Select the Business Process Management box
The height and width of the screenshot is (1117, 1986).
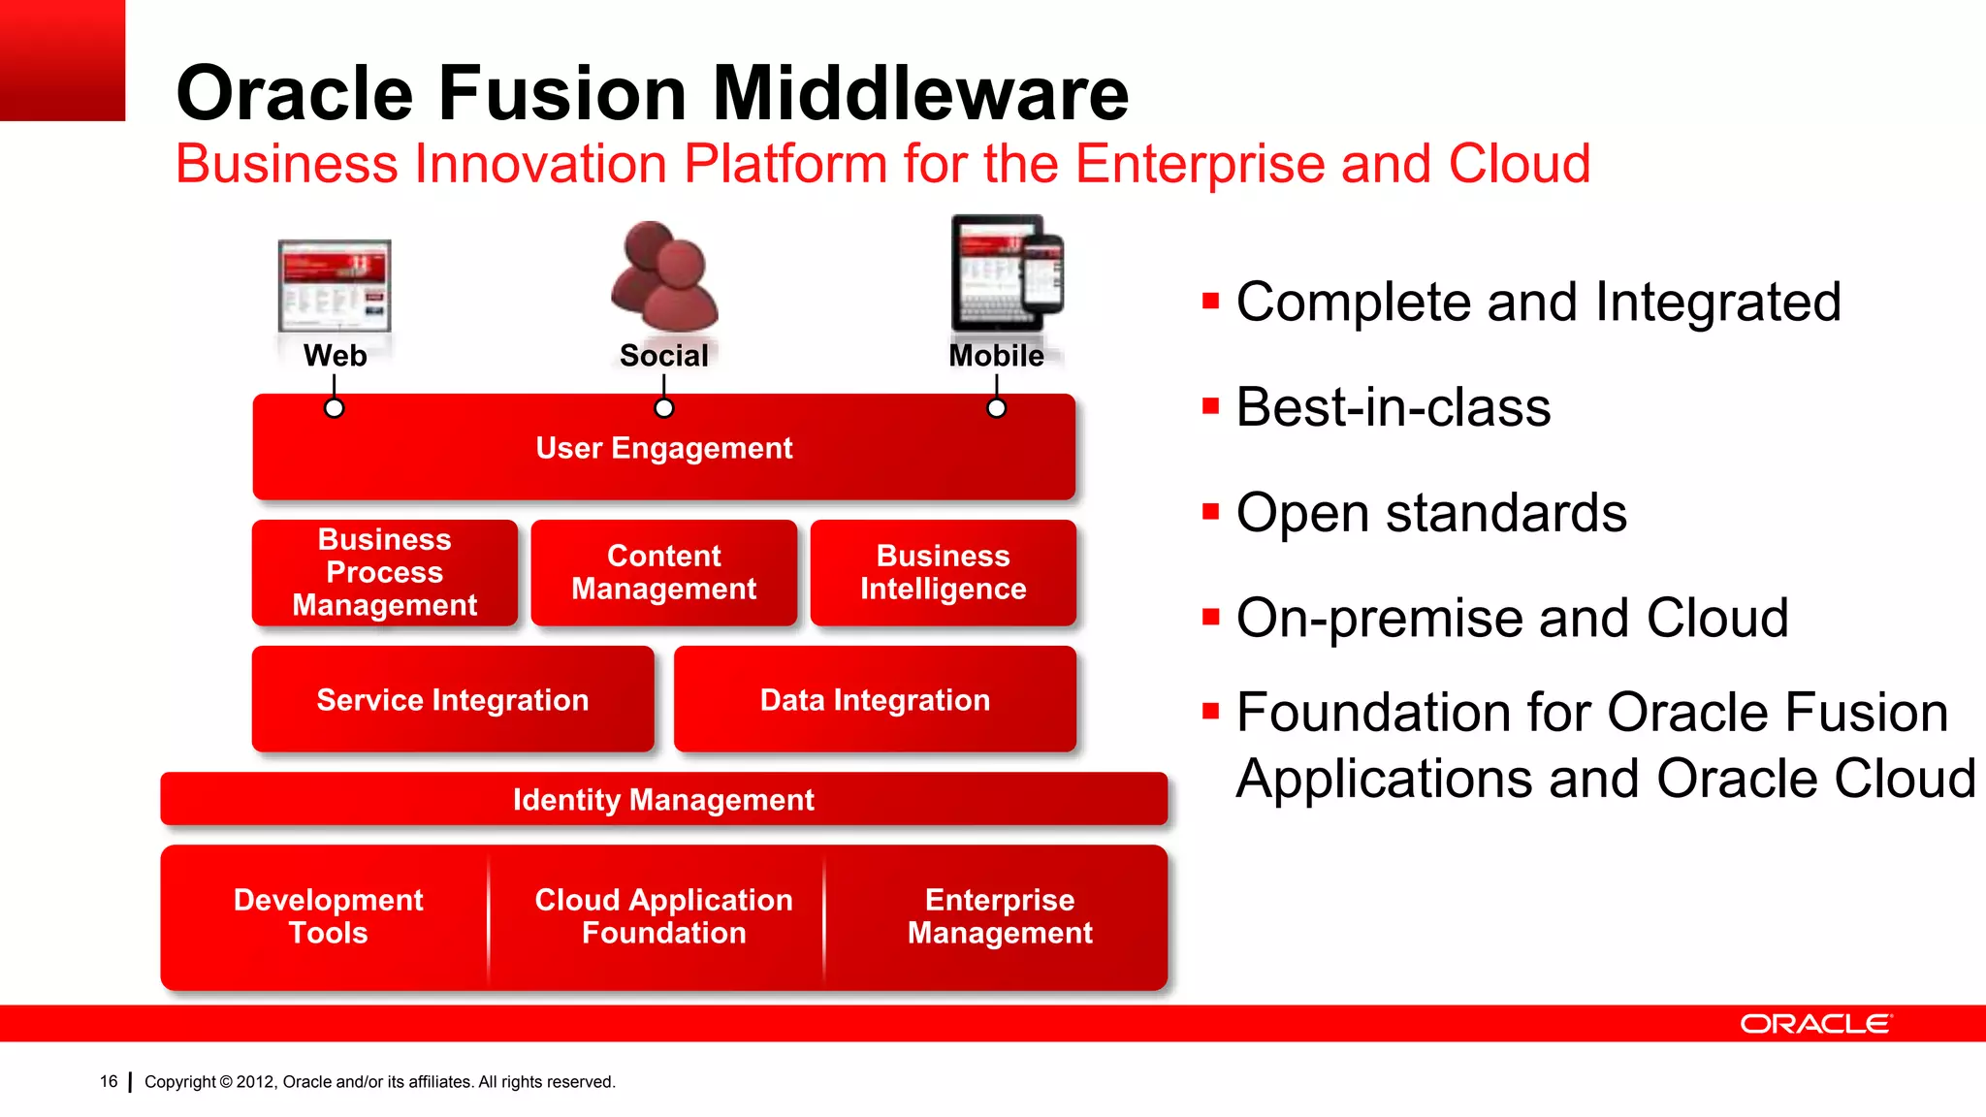(x=384, y=572)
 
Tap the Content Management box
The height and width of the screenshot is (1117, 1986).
(x=663, y=572)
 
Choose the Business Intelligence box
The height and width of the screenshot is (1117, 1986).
(x=943, y=572)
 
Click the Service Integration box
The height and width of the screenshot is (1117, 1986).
(x=452, y=699)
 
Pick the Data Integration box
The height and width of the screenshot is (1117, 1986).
(x=875, y=699)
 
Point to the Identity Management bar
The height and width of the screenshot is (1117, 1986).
(x=663, y=799)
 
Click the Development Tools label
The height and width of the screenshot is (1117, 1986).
(x=328, y=915)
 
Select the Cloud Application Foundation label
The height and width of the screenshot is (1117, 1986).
(x=663, y=915)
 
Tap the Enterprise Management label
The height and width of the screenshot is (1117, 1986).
(x=1000, y=915)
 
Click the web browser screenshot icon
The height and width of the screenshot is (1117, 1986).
(x=335, y=286)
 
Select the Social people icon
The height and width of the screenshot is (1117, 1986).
(x=664, y=276)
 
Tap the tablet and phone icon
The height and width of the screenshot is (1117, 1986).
(x=1007, y=273)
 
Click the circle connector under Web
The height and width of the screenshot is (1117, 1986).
(x=334, y=408)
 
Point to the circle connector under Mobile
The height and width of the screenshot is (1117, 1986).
(x=996, y=408)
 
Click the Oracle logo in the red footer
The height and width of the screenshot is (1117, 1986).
(x=1815, y=1024)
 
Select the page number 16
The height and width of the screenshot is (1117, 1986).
(x=109, y=1081)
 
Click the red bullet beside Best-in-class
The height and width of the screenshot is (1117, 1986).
(x=1210, y=406)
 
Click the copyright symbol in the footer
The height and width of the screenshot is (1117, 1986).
(x=226, y=1082)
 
